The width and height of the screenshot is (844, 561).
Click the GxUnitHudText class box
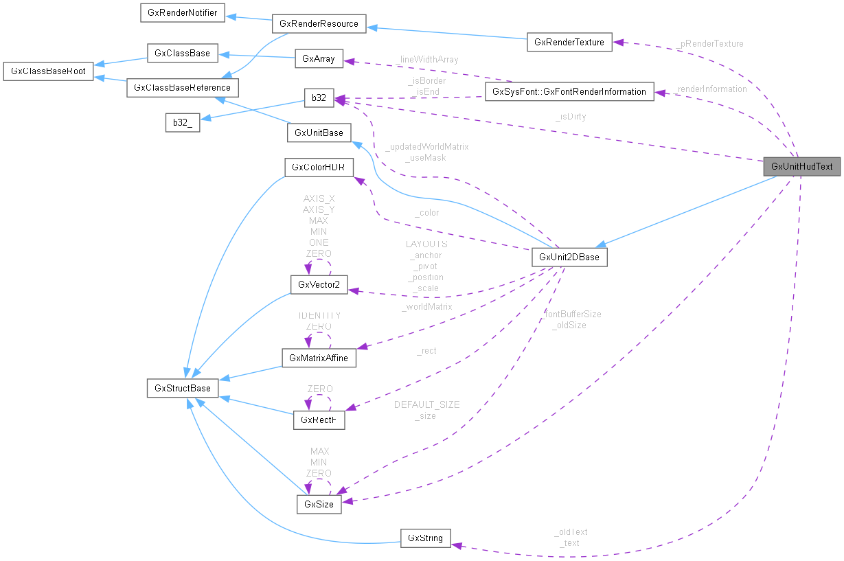click(x=801, y=166)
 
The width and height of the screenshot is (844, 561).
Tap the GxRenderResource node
click(x=319, y=23)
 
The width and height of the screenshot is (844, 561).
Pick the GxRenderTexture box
click(x=569, y=42)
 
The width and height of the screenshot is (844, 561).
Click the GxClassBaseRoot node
click(x=48, y=71)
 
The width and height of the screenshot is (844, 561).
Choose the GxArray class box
click(x=318, y=58)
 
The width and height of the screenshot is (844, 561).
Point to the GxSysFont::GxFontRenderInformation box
click(x=569, y=91)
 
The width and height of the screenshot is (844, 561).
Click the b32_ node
click(x=182, y=123)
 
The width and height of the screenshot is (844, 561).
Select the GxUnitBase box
click(x=319, y=133)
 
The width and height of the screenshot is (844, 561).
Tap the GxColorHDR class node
click(x=319, y=167)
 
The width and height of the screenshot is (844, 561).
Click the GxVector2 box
click(x=319, y=284)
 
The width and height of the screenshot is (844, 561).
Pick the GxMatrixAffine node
click(x=319, y=358)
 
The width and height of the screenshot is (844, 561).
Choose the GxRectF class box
click(x=319, y=418)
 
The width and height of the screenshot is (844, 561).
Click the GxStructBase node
click(x=183, y=388)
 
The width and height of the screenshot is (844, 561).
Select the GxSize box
click(x=319, y=504)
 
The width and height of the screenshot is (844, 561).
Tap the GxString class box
click(x=426, y=538)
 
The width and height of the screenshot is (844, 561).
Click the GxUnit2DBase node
click(x=569, y=257)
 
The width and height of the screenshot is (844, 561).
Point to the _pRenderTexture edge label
click(x=710, y=43)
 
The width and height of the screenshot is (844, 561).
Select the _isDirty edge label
click(x=571, y=117)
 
